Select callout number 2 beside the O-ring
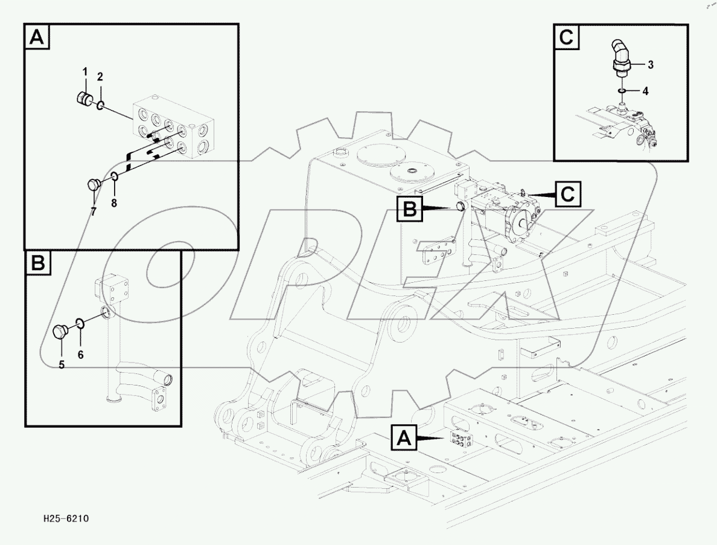click(x=100, y=77)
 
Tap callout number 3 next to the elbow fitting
click(x=651, y=63)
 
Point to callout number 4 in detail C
click(x=645, y=92)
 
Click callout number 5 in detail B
click(x=61, y=364)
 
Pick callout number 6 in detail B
click(x=80, y=355)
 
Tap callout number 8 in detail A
click(x=113, y=202)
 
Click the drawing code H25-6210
click(x=67, y=518)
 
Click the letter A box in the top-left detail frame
click(x=37, y=38)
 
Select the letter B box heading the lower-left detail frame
click(x=37, y=263)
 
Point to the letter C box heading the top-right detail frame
click(x=566, y=38)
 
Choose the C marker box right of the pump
click(x=568, y=194)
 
